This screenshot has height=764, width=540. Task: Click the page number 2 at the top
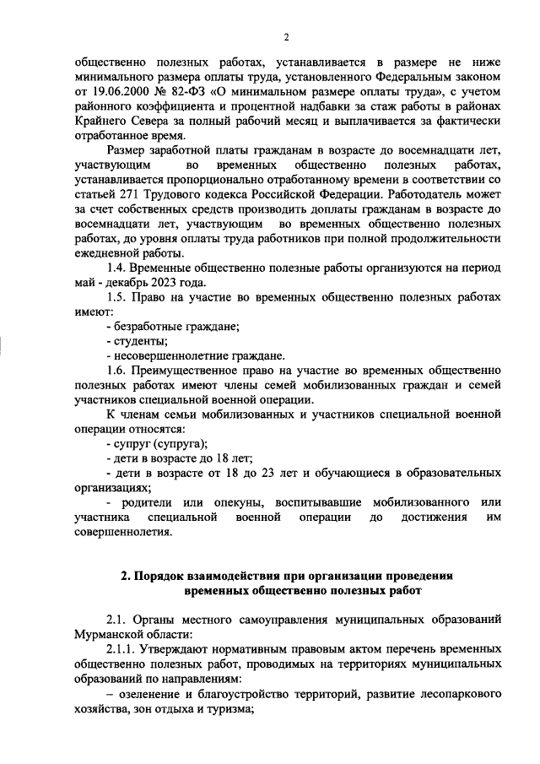tap(286, 35)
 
